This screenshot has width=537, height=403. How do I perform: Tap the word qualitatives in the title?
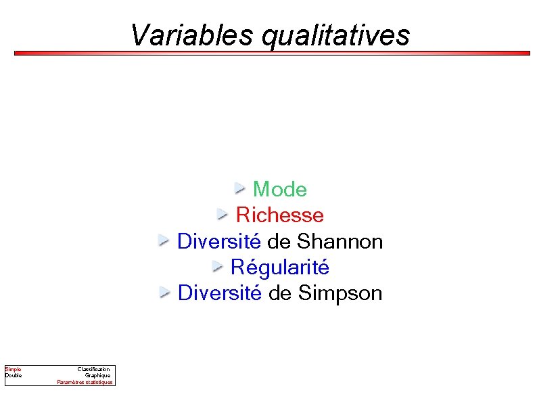coord(335,35)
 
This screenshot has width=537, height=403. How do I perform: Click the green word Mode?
coord(279,190)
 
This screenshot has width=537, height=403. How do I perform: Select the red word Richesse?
coord(280,215)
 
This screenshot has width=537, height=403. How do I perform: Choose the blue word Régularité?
coord(280,268)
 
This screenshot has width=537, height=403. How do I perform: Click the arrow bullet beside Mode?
coord(240,188)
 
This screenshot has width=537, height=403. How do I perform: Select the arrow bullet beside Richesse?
coord(223,214)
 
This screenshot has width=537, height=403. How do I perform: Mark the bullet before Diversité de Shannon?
coord(164,240)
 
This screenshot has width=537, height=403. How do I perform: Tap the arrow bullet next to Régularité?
coord(218,266)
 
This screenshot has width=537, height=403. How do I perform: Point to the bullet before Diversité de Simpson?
coord(165,292)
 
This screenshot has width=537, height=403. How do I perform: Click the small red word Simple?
coord(14,369)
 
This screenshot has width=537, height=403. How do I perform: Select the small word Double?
coord(14,375)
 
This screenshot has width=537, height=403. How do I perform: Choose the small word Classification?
coord(93,369)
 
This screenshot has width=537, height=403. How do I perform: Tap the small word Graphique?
coord(97,375)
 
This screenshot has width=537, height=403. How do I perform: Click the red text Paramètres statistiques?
coord(85,382)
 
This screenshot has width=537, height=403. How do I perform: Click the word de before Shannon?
coord(279,241)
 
